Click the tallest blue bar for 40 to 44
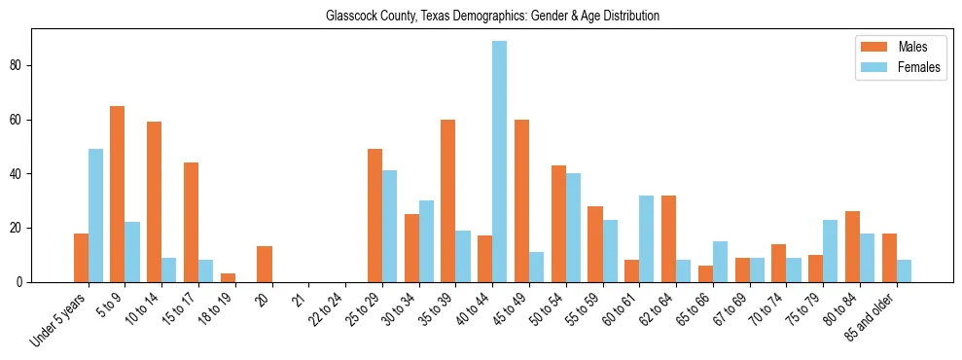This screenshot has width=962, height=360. click(499, 162)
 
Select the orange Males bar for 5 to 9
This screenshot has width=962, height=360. click(118, 195)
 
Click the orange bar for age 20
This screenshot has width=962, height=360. click(265, 265)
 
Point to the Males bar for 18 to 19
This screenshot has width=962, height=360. click(228, 278)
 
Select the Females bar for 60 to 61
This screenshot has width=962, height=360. click(646, 239)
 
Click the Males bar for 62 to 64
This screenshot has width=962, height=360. click(668, 239)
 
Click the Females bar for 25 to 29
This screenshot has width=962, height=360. click(389, 227)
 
